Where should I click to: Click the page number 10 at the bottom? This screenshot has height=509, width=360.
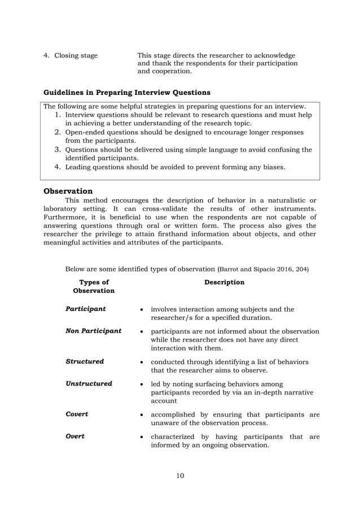pyautogui.click(x=180, y=476)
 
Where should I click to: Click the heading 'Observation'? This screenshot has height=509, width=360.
pyautogui.click(x=68, y=191)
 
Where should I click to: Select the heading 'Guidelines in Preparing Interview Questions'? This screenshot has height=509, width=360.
pyautogui.click(x=127, y=92)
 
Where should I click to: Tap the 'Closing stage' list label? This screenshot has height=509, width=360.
pyautogui.click(x=76, y=55)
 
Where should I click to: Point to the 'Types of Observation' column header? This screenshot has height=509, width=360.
pyautogui.click(x=94, y=286)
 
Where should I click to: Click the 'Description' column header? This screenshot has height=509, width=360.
pyautogui.click(x=224, y=282)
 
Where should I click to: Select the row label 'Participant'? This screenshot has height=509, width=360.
pyautogui.click(x=86, y=309)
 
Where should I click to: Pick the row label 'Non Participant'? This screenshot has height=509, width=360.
pyautogui.click(x=94, y=331)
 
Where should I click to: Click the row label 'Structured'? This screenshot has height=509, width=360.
pyautogui.click(x=85, y=361)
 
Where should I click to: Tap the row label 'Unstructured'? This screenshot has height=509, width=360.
pyautogui.click(x=89, y=384)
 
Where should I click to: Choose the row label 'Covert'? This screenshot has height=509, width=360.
pyautogui.click(x=77, y=414)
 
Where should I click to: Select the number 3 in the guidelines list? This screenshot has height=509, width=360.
pyautogui.click(x=57, y=150)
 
